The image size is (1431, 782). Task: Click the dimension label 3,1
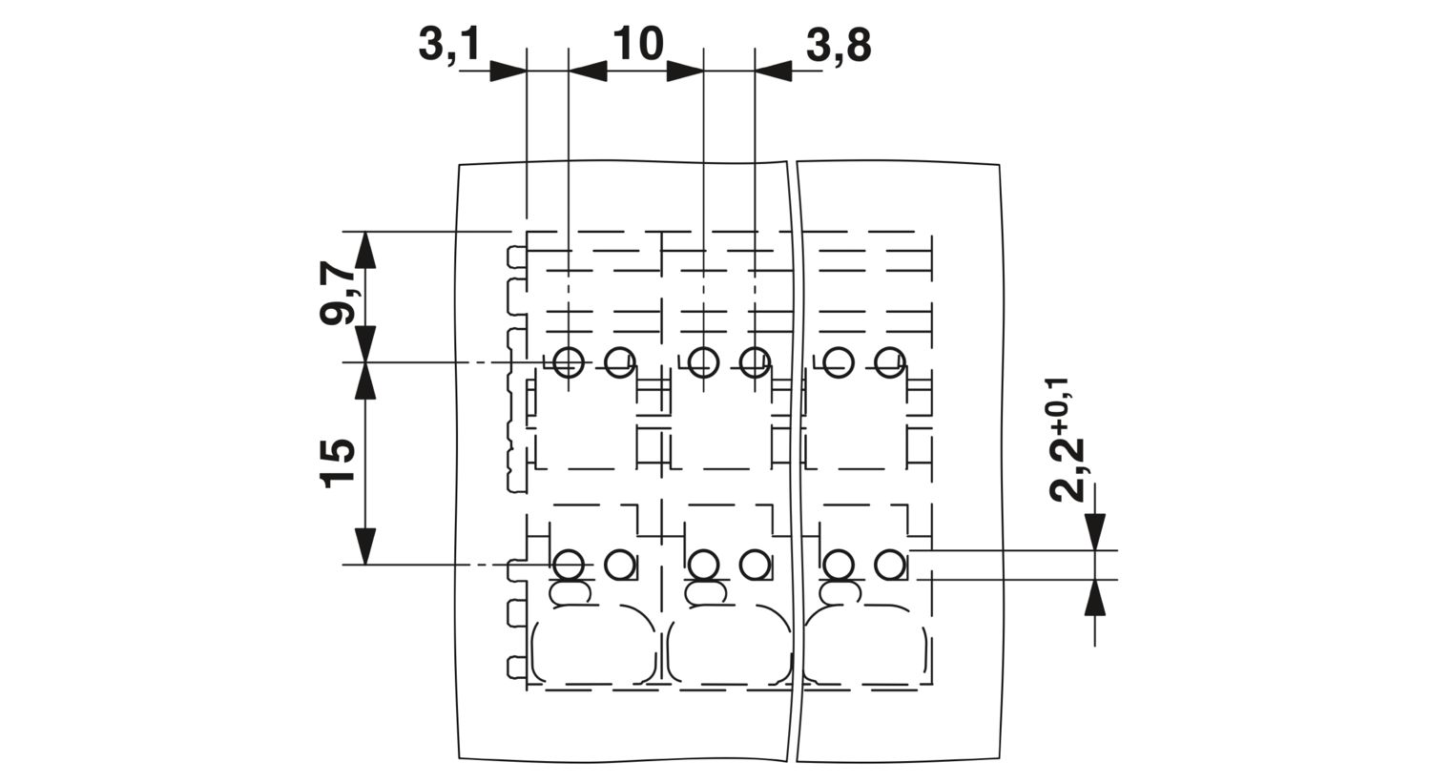pos(448,46)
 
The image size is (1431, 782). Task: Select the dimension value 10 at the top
pos(638,44)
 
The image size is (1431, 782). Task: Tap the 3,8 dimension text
pos(839,46)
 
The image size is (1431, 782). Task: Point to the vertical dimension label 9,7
pos(339,295)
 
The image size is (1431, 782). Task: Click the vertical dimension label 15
pos(339,463)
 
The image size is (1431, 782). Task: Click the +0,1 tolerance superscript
pos(1058,406)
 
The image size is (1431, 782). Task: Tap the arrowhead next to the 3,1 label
pos(508,71)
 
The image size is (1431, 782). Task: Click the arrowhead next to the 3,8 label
pos(773,71)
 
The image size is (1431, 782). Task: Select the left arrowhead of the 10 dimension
pos(587,71)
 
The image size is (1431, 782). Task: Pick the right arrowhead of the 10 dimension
pos(685,71)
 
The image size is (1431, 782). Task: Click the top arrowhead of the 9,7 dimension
pos(364,250)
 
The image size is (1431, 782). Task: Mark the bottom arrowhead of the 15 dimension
pos(364,545)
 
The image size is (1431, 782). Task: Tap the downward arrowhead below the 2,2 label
pos(1094,531)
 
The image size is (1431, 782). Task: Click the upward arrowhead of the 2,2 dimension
pos(1094,598)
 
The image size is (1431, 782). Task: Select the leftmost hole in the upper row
pos(568,362)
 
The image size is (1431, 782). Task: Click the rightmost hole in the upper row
pos(890,362)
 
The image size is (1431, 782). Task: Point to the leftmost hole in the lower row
pos(568,565)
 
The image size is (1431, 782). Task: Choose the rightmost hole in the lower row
pos(890,565)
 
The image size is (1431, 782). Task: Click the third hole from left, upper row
pos(703,362)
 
